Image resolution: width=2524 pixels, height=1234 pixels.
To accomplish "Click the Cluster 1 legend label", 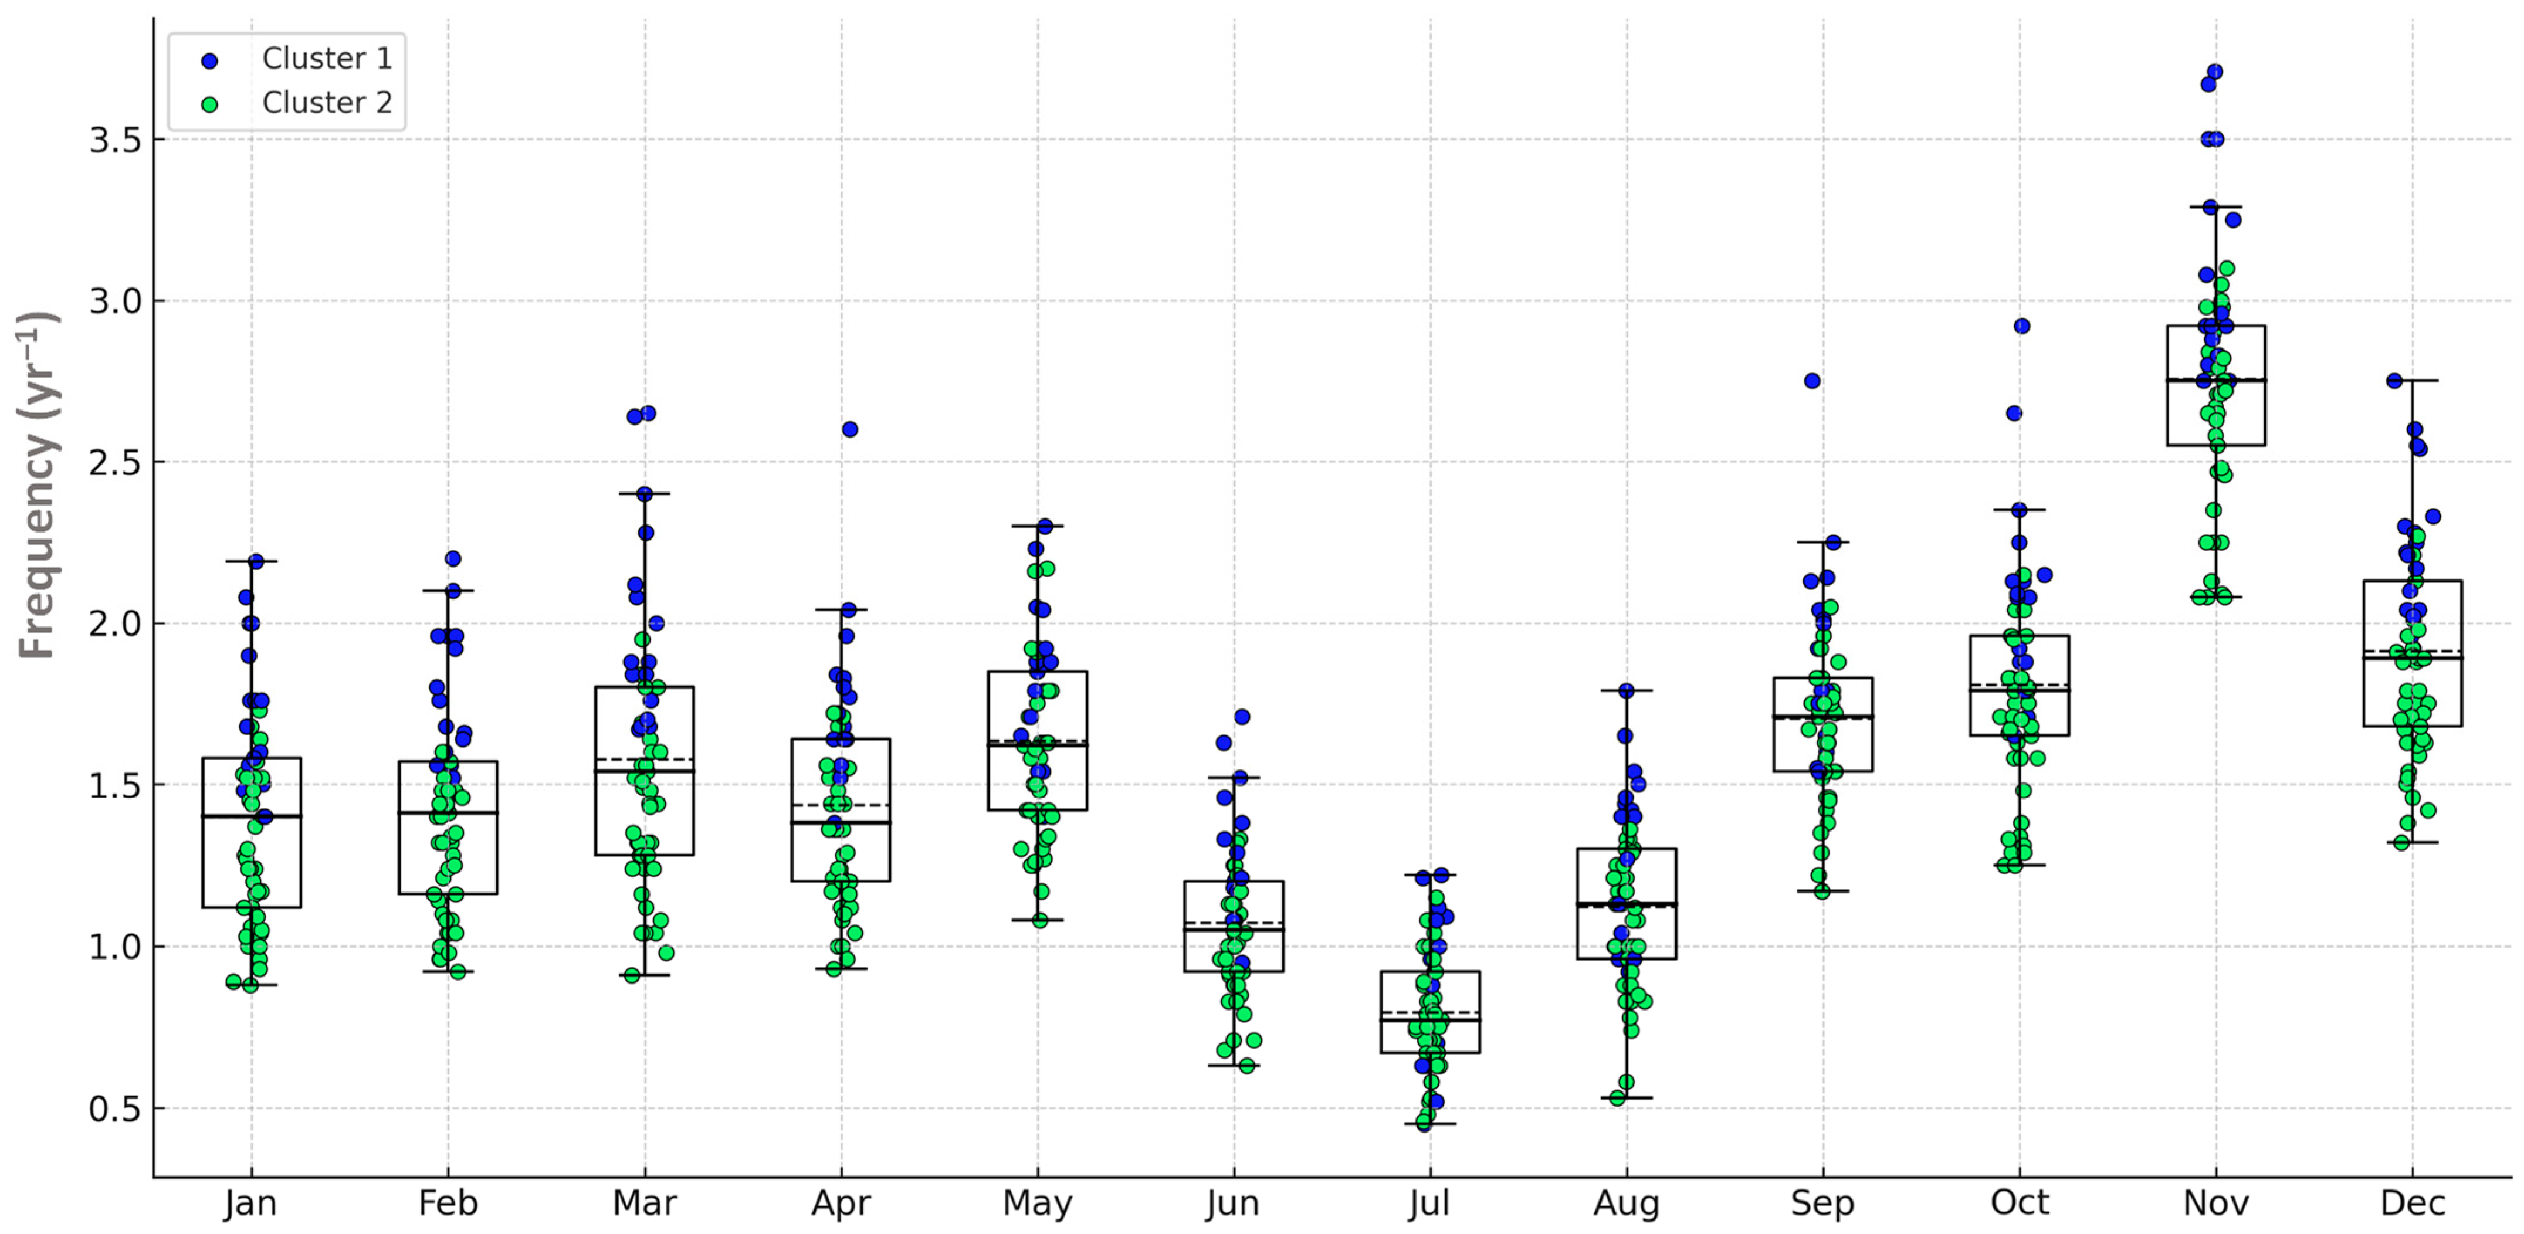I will point(326,59).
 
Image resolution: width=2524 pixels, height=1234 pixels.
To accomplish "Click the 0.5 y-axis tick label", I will point(114,1108).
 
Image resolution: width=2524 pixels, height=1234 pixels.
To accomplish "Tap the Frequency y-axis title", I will point(39,485).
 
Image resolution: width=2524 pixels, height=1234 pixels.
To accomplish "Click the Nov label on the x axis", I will point(2215,1203).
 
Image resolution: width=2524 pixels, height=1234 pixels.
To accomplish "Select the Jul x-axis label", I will point(1429,1203).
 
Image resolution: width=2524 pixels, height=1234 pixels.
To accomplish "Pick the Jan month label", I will point(251,1203).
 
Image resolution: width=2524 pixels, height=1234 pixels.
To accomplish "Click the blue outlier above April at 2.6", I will point(849,429).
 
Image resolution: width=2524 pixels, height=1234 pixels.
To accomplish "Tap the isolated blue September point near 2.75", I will point(1812,381).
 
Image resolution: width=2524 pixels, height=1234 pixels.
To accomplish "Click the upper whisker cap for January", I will point(251,561).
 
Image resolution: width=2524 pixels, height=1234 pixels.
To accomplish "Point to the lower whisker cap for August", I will point(1627,1098).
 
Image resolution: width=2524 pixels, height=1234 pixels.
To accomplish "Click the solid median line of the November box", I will point(2215,380).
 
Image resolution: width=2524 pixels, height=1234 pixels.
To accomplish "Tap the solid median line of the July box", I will point(1429,1019).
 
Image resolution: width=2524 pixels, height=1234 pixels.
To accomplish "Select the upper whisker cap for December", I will point(2413,380).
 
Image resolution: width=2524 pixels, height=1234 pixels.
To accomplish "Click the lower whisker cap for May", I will point(1036,920).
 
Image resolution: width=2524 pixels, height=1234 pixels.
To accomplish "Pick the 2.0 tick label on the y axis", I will point(114,624).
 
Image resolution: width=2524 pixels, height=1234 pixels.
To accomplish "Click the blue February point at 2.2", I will point(453,558).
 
